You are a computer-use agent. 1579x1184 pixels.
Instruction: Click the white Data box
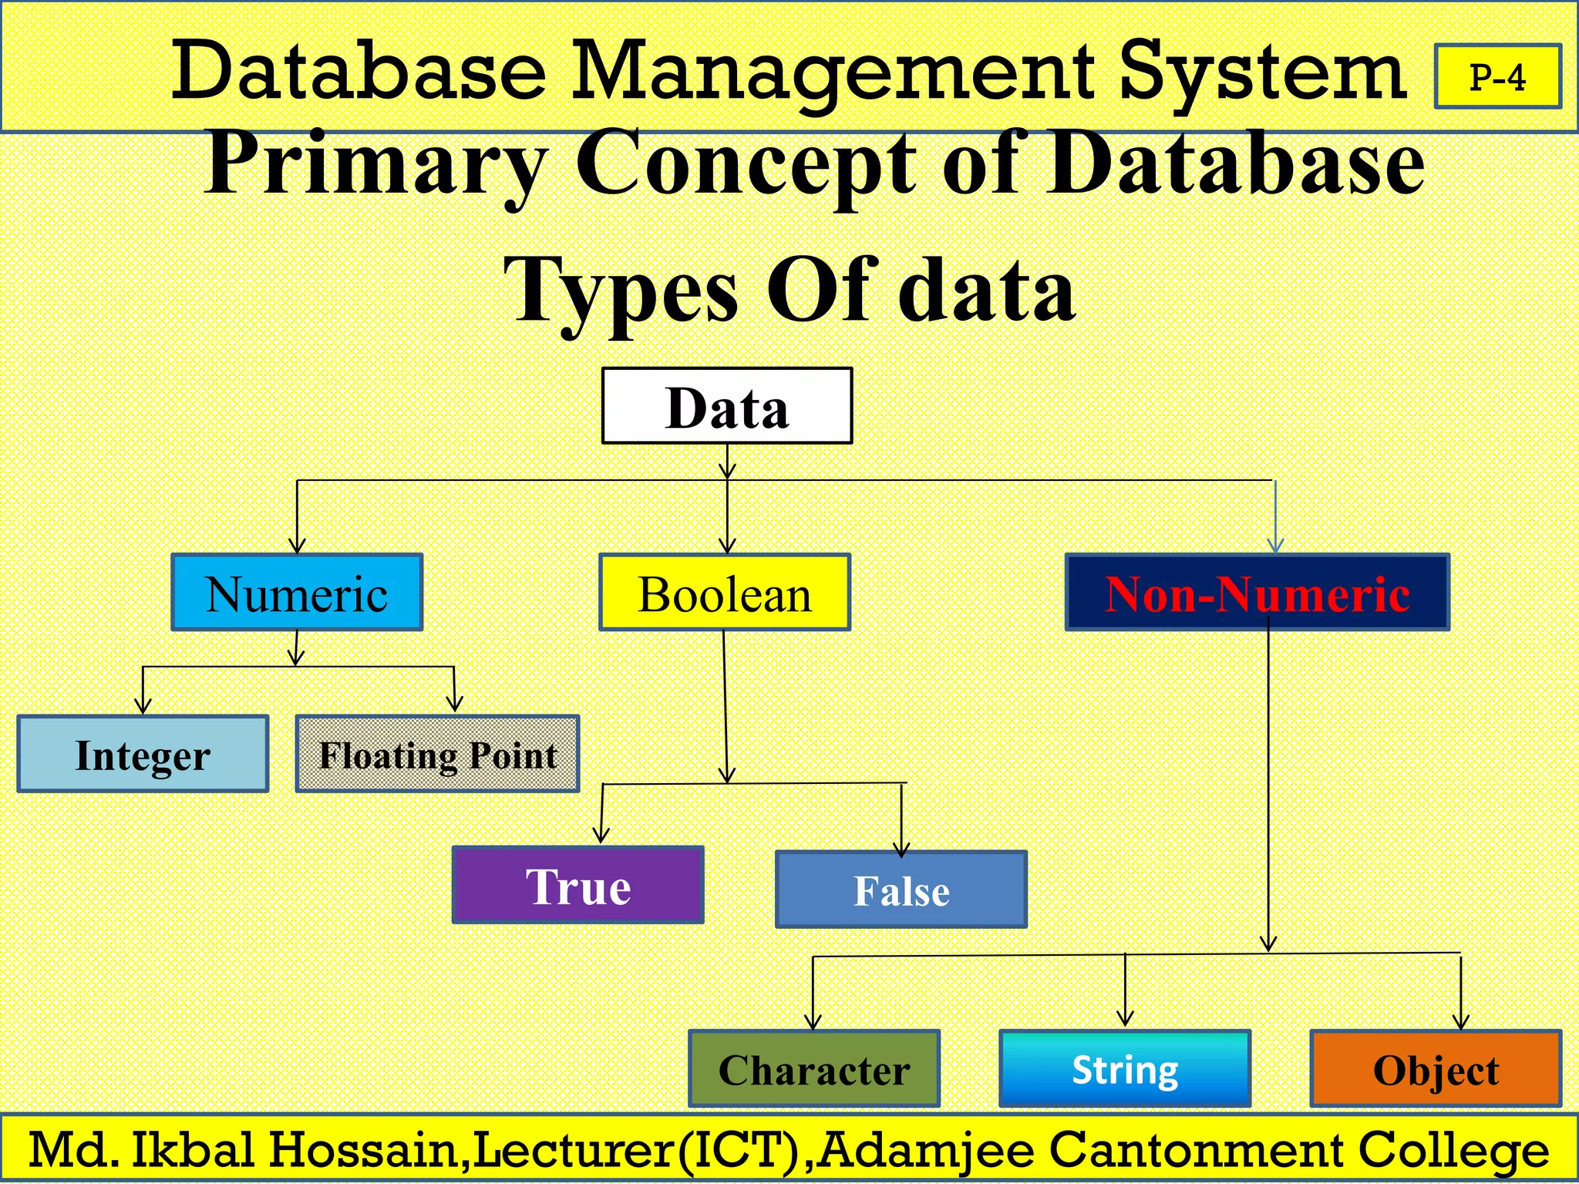pyautogui.click(x=727, y=405)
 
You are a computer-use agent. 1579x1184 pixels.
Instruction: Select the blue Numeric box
pyautogui.click(x=297, y=592)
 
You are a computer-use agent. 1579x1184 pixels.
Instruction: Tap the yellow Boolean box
pyautogui.click(x=725, y=592)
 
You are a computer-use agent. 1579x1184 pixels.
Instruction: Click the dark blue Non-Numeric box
pyautogui.click(x=1257, y=592)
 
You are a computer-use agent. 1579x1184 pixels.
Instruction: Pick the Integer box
pyautogui.click(x=143, y=754)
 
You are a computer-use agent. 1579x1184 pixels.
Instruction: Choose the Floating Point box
pyautogui.click(x=437, y=754)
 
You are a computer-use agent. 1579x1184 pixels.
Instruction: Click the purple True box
pyautogui.click(x=578, y=885)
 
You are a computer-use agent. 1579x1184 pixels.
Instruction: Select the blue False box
pyautogui.click(x=901, y=890)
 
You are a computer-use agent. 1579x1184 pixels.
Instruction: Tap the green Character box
pyautogui.click(x=814, y=1069)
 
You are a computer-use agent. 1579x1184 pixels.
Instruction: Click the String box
pyautogui.click(x=1125, y=1069)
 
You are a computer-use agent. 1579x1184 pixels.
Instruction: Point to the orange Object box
pyautogui.click(x=1436, y=1069)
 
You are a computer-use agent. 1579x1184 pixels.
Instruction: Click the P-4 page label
pyautogui.click(x=1497, y=77)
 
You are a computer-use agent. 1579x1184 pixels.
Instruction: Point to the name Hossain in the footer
pyautogui.click(x=362, y=1150)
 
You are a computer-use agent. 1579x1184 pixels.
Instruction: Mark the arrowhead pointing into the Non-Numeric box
pyautogui.click(x=1275, y=546)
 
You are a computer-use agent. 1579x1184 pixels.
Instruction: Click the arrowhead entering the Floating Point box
pyautogui.click(x=455, y=704)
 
